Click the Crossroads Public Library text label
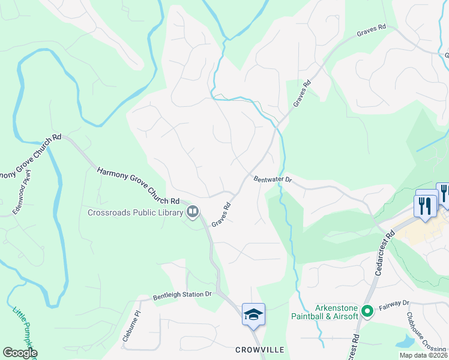tap(135, 212)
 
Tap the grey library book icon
tap(193, 211)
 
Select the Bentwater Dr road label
tap(272, 179)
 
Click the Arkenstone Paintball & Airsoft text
tap(324, 311)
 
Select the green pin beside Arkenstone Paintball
tap(367, 310)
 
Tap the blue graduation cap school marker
tap(253, 314)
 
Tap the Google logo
tap(20, 353)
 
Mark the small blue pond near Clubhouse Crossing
tap(405, 341)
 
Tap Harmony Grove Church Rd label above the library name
tap(138, 185)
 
